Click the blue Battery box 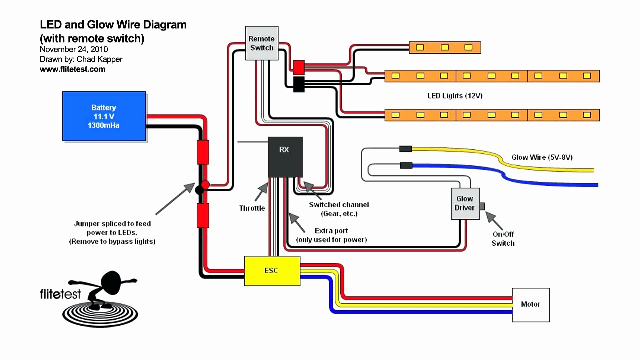click(104, 116)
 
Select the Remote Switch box click(262, 43)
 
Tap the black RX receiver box click(285, 157)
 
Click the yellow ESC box click(272, 271)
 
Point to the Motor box click(531, 305)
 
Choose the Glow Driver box click(465, 203)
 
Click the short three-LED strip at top click(445, 47)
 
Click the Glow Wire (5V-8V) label click(542, 157)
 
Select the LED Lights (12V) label click(455, 96)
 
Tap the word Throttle click(252, 208)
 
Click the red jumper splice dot click(205, 185)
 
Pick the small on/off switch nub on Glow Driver click(482, 206)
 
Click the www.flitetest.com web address click(73, 69)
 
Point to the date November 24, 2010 click(74, 49)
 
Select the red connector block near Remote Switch click(299, 67)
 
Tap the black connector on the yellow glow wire click(405, 149)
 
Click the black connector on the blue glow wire click(406, 165)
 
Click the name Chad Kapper click(99, 59)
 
